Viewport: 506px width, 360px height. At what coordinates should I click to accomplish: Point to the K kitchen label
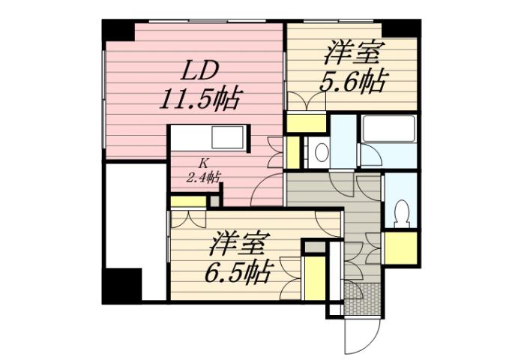[202, 162]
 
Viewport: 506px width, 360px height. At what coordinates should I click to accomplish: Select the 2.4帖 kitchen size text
[202, 178]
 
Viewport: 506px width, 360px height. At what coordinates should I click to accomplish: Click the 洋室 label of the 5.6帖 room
[354, 54]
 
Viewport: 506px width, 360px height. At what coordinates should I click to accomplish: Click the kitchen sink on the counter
[228, 139]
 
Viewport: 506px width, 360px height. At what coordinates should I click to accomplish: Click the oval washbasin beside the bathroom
[320, 153]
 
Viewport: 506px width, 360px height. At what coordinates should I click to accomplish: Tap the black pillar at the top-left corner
[117, 31]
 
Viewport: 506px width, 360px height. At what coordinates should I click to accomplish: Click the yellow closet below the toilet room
[400, 248]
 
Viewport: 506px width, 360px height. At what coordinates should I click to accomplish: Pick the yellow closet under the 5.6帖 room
[304, 122]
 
